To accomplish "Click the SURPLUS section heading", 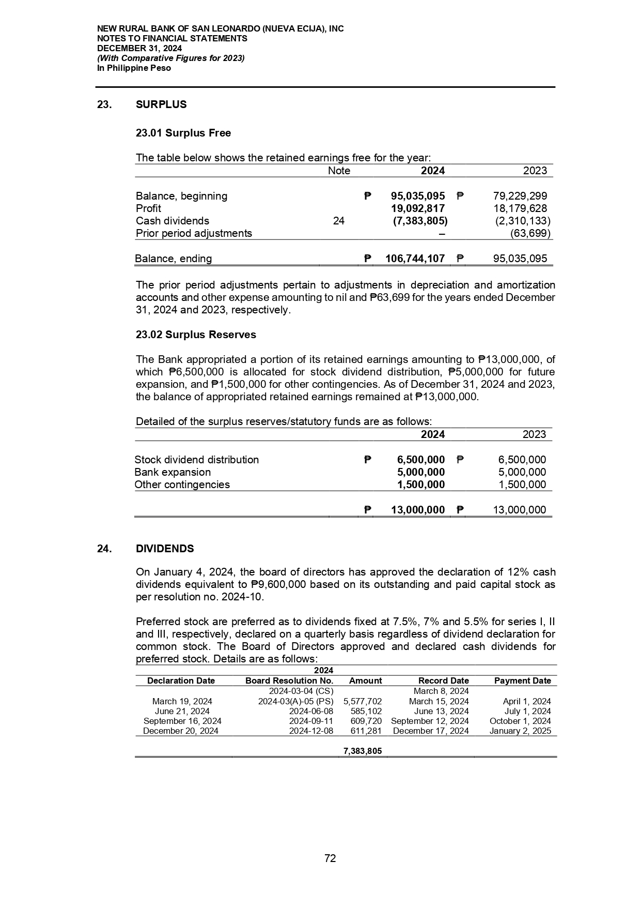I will (x=161, y=104).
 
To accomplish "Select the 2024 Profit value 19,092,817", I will (x=417, y=208).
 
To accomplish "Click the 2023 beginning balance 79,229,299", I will (x=520, y=196).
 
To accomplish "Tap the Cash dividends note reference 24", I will (x=339, y=221).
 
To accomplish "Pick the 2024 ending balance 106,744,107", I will (x=415, y=259).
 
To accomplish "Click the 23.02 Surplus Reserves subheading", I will (x=196, y=335).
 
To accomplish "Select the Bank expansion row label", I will (x=173, y=472).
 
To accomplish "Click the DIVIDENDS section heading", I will (x=165, y=549).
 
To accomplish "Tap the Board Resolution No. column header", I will (x=289, y=681).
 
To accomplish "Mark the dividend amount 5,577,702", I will (x=363, y=701).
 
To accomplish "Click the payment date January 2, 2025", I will (x=520, y=731).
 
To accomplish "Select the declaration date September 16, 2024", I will (x=182, y=721).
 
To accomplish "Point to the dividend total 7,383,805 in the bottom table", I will (x=363, y=751).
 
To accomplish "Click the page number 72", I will (x=330, y=858).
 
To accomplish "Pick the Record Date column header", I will (x=443, y=681).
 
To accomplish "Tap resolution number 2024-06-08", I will (x=311, y=711).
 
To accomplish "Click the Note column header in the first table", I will (x=339, y=171).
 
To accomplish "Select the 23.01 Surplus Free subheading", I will (x=183, y=133).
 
